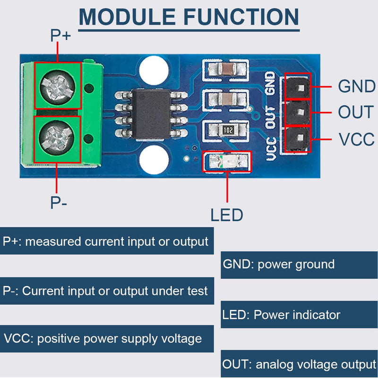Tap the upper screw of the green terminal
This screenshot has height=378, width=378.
click(x=58, y=86)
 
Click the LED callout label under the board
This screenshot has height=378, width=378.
click(x=227, y=215)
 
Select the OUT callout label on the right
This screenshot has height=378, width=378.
click(x=355, y=112)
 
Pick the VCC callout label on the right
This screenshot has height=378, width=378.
click(x=356, y=140)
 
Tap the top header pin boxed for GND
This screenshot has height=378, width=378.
click(x=298, y=86)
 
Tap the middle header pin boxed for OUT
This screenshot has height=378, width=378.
click(x=298, y=112)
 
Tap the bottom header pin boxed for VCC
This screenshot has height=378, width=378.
click(x=298, y=139)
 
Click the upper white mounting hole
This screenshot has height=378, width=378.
click(x=154, y=69)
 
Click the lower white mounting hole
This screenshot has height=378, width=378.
click(x=154, y=159)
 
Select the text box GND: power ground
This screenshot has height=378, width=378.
click(x=299, y=264)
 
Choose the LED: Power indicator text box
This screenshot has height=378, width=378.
click(x=299, y=315)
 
